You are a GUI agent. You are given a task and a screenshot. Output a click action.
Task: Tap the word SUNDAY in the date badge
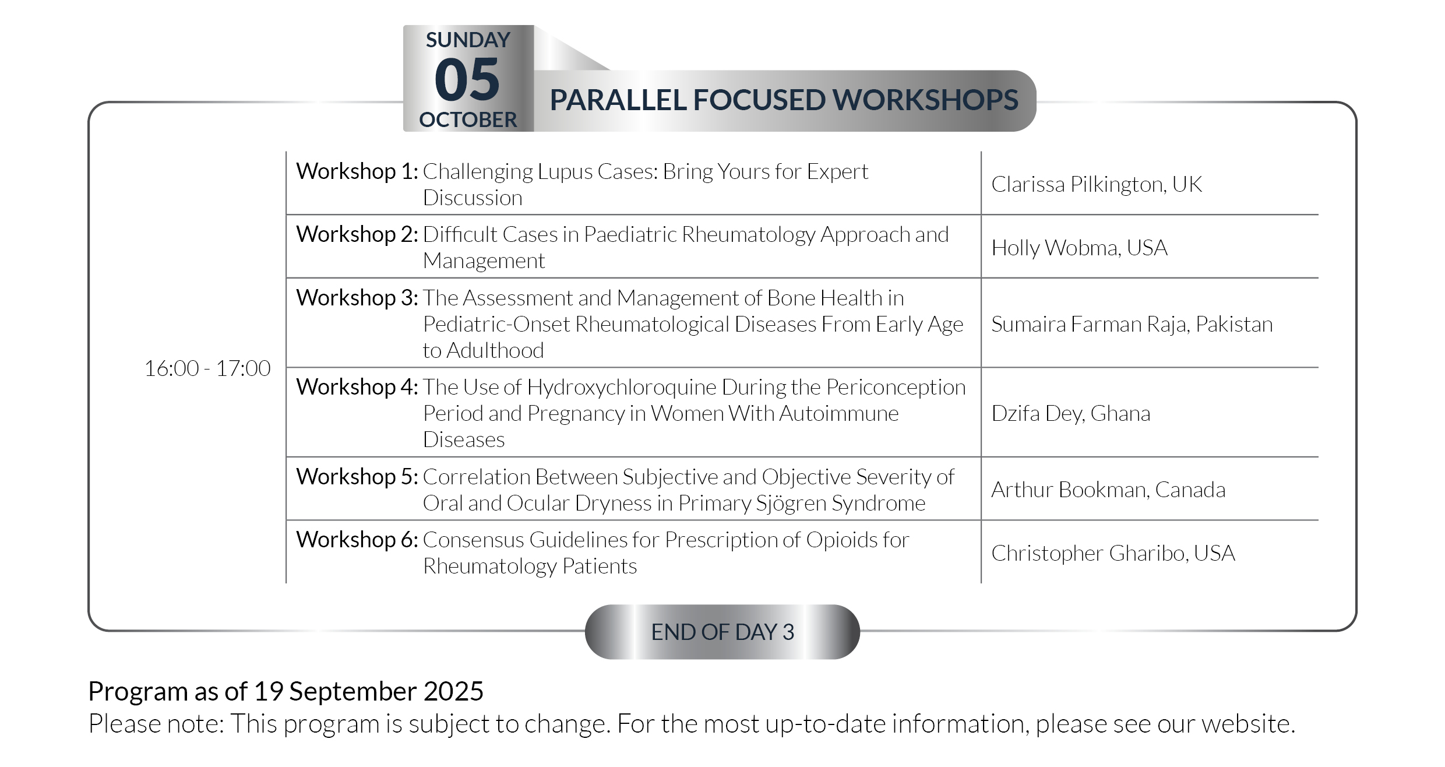(x=468, y=40)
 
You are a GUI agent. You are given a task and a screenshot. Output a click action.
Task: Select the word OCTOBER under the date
(x=468, y=119)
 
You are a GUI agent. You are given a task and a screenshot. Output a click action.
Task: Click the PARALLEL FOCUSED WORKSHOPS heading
(x=784, y=100)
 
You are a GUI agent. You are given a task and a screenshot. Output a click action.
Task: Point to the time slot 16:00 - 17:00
(x=207, y=368)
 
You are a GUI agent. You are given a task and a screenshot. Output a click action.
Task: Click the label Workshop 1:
(x=357, y=171)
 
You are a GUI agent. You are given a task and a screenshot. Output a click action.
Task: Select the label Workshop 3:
(x=357, y=298)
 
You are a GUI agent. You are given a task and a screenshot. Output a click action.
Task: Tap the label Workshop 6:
(x=357, y=540)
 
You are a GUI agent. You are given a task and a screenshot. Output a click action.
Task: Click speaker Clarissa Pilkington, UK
(x=1097, y=184)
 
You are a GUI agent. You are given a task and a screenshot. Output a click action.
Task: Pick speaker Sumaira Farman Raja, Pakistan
(x=1132, y=324)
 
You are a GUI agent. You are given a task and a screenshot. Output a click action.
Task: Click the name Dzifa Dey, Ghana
(x=1071, y=413)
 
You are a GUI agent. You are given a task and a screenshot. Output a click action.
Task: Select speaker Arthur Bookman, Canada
(x=1108, y=490)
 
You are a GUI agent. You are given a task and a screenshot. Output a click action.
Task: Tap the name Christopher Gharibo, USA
(x=1113, y=553)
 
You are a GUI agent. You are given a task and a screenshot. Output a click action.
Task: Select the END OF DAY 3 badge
(x=722, y=632)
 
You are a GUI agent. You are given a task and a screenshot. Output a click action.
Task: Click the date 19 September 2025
(x=369, y=691)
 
